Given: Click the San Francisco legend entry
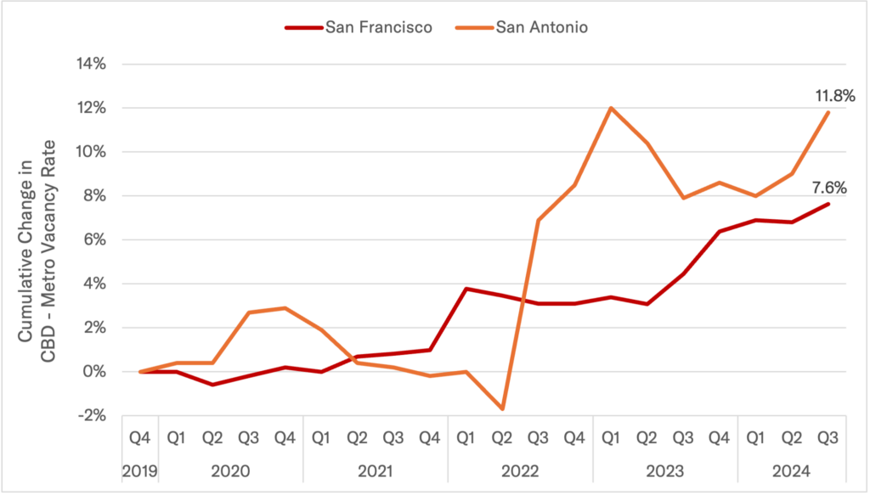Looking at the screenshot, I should click(378, 27).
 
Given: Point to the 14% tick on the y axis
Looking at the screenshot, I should click(89, 64).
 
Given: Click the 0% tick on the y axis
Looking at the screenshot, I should click(93, 372).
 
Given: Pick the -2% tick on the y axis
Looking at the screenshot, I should click(91, 416).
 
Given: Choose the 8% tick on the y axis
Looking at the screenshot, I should click(93, 196).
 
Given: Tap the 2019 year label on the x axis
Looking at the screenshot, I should click(140, 470).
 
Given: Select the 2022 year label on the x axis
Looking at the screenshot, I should click(520, 470).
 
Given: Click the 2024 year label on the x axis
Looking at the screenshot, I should click(793, 470).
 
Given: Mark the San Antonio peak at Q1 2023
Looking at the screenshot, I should click(610, 108).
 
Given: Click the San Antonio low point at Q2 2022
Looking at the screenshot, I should click(502, 409).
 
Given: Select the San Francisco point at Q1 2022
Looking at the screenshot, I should click(466, 289).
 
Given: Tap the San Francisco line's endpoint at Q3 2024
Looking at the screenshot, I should click(828, 204).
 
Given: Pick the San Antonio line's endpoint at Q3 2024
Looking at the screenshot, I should click(828, 112).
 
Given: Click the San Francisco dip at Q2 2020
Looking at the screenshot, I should click(212, 385).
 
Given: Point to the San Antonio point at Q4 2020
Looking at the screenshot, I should click(285, 308).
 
